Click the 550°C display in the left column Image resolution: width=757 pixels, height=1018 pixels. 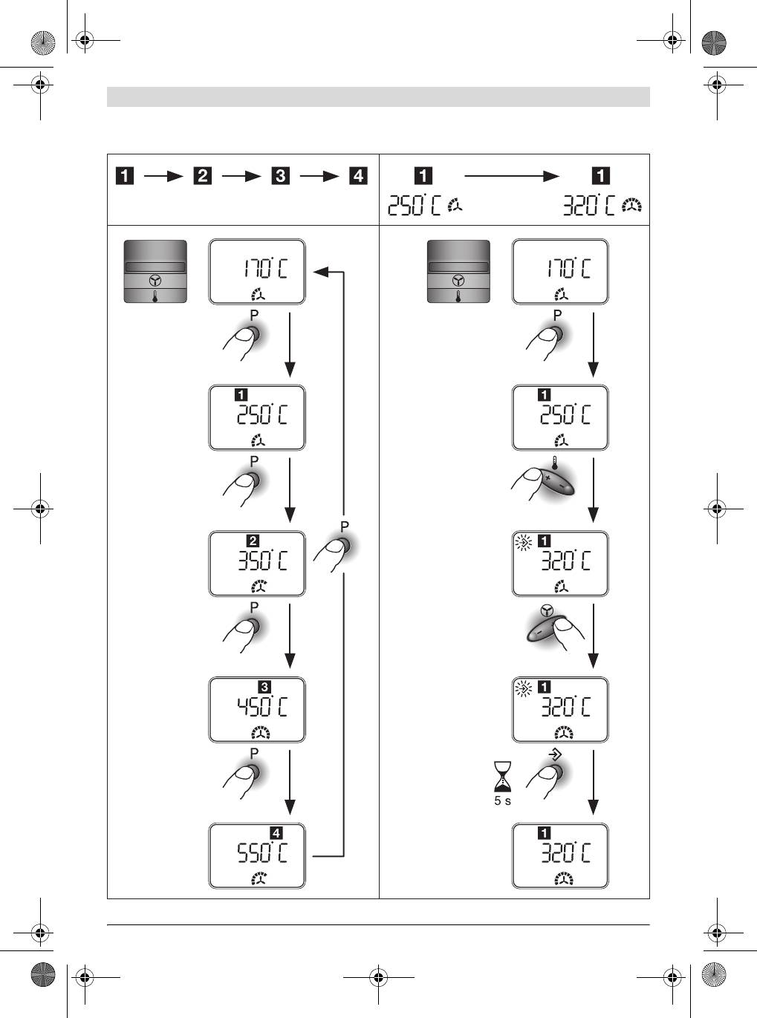click(257, 855)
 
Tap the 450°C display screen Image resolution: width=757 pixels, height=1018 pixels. click(257, 709)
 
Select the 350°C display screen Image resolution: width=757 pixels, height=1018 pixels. click(257, 563)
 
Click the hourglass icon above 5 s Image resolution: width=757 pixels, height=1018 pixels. click(503, 777)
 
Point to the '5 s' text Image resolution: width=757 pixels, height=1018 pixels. click(503, 801)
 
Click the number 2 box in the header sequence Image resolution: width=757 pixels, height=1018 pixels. click(202, 177)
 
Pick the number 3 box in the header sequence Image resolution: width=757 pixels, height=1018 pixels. click(280, 177)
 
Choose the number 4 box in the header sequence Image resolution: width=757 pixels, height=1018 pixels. click(358, 177)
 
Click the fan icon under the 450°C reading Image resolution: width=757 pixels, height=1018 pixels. click(261, 734)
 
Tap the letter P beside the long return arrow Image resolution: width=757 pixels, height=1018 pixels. click(344, 526)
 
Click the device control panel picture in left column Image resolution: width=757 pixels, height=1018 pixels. click(155, 271)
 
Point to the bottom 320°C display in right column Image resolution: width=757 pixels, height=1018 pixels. click(560, 855)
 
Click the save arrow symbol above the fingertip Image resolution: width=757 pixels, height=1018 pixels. click(554, 754)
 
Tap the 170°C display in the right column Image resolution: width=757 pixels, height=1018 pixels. click(560, 271)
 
